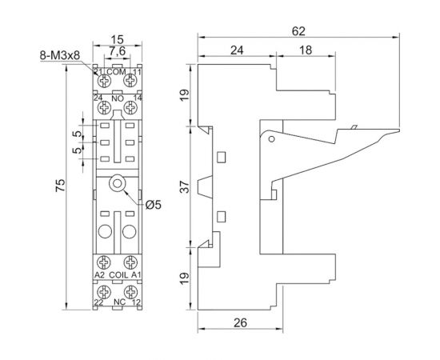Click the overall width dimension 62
[x=298, y=30]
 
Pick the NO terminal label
[x=118, y=99]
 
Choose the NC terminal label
[x=118, y=302]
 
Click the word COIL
[x=118, y=275]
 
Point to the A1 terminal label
[x=136, y=275]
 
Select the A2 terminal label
[x=99, y=275]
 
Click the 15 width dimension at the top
[x=117, y=38]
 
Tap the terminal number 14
[x=137, y=99]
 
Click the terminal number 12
[x=137, y=302]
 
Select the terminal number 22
[x=99, y=302]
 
